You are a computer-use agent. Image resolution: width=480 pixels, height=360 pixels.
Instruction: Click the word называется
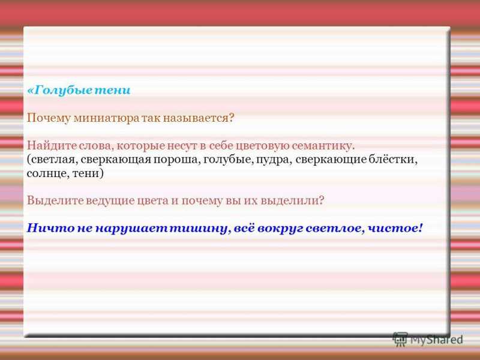[x=196, y=118]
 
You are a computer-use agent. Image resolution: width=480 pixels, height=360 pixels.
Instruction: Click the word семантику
[x=323, y=146]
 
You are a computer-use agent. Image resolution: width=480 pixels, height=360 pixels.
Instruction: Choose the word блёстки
[x=393, y=160]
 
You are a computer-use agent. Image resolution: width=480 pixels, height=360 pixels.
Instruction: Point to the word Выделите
[x=55, y=201]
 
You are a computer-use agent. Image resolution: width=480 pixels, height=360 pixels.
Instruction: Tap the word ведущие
[x=110, y=201]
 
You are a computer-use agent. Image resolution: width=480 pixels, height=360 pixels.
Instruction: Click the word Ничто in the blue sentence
[x=50, y=229]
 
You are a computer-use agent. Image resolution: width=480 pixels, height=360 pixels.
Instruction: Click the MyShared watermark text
[x=436, y=340]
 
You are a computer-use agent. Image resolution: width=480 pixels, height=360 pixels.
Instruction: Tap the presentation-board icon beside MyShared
[x=400, y=339]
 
